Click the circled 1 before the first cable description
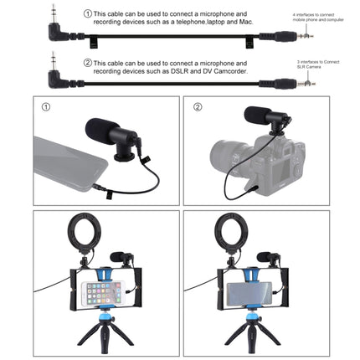click(x=88, y=14)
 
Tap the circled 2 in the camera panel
click(x=198, y=107)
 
